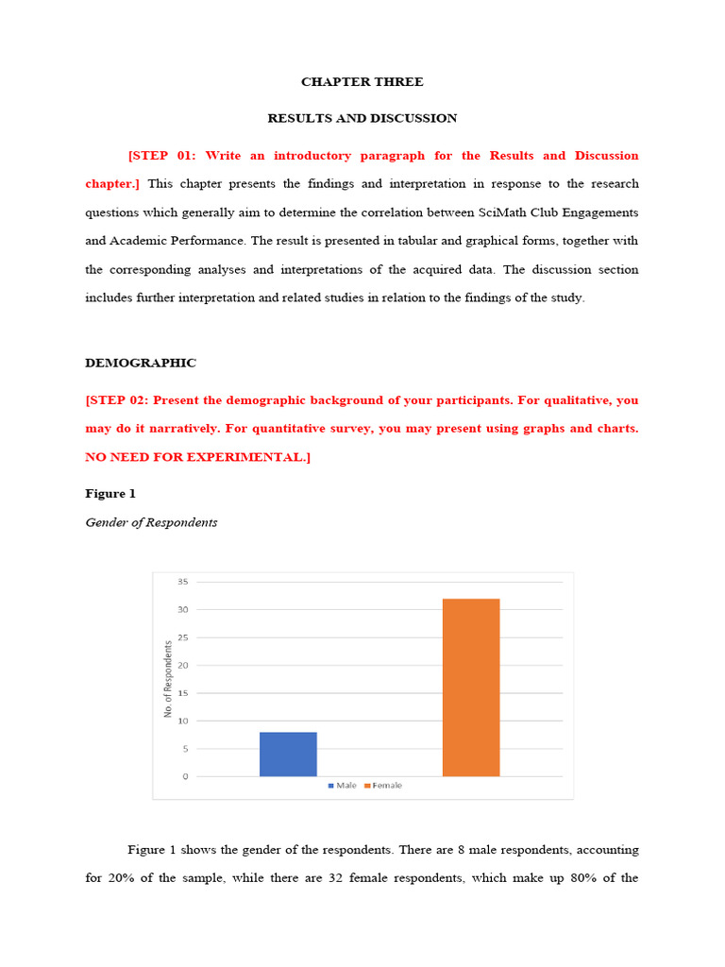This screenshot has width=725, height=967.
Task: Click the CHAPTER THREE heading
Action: click(x=362, y=82)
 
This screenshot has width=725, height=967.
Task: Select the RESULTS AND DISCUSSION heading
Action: click(x=362, y=118)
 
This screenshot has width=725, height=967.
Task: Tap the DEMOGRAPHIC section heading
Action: click(x=141, y=363)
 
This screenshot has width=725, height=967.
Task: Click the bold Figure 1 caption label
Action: click(x=110, y=494)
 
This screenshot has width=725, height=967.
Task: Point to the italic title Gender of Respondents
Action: click(x=151, y=522)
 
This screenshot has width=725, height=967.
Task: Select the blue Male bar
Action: click(x=288, y=755)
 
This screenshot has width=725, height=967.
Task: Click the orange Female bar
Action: click(x=471, y=687)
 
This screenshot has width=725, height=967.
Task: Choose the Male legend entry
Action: click(x=342, y=786)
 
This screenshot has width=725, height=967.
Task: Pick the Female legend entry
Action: click(x=382, y=786)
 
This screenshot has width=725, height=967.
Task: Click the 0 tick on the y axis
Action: click(x=185, y=776)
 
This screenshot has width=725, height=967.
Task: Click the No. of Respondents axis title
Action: click(x=168, y=678)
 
